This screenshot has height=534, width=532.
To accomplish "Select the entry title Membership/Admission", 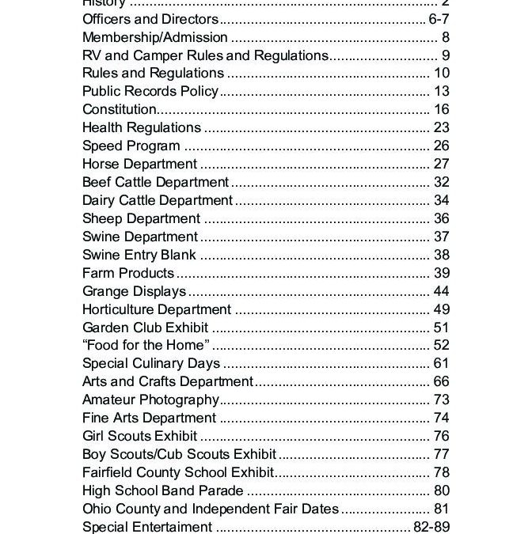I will [x=155, y=37].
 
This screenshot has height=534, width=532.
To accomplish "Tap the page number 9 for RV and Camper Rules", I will [x=446, y=55].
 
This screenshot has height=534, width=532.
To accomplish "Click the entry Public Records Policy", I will [x=150, y=92].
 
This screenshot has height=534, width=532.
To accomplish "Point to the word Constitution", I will [x=119, y=110].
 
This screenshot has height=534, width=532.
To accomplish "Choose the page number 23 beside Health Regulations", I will [x=441, y=127].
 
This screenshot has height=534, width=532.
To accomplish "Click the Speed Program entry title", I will [x=131, y=146].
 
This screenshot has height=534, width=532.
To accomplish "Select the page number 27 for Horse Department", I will [x=441, y=165].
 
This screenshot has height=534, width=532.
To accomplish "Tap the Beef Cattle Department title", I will [x=155, y=183].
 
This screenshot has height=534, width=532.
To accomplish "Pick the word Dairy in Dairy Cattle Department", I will [x=98, y=201].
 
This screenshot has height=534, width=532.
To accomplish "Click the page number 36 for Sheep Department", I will [x=441, y=219].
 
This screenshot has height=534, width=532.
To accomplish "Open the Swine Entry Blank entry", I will [x=139, y=256].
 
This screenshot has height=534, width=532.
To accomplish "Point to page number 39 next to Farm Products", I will [x=441, y=274].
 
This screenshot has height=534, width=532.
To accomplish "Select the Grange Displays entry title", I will [x=134, y=292].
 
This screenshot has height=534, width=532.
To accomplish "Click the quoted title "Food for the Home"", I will [x=146, y=346].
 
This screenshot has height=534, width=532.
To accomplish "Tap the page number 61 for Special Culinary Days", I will [x=441, y=364].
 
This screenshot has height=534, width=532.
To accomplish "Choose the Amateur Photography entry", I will [x=150, y=400].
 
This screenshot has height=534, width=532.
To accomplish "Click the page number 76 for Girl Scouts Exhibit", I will [x=441, y=437].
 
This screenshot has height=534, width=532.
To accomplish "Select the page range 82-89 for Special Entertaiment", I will [x=431, y=527].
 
